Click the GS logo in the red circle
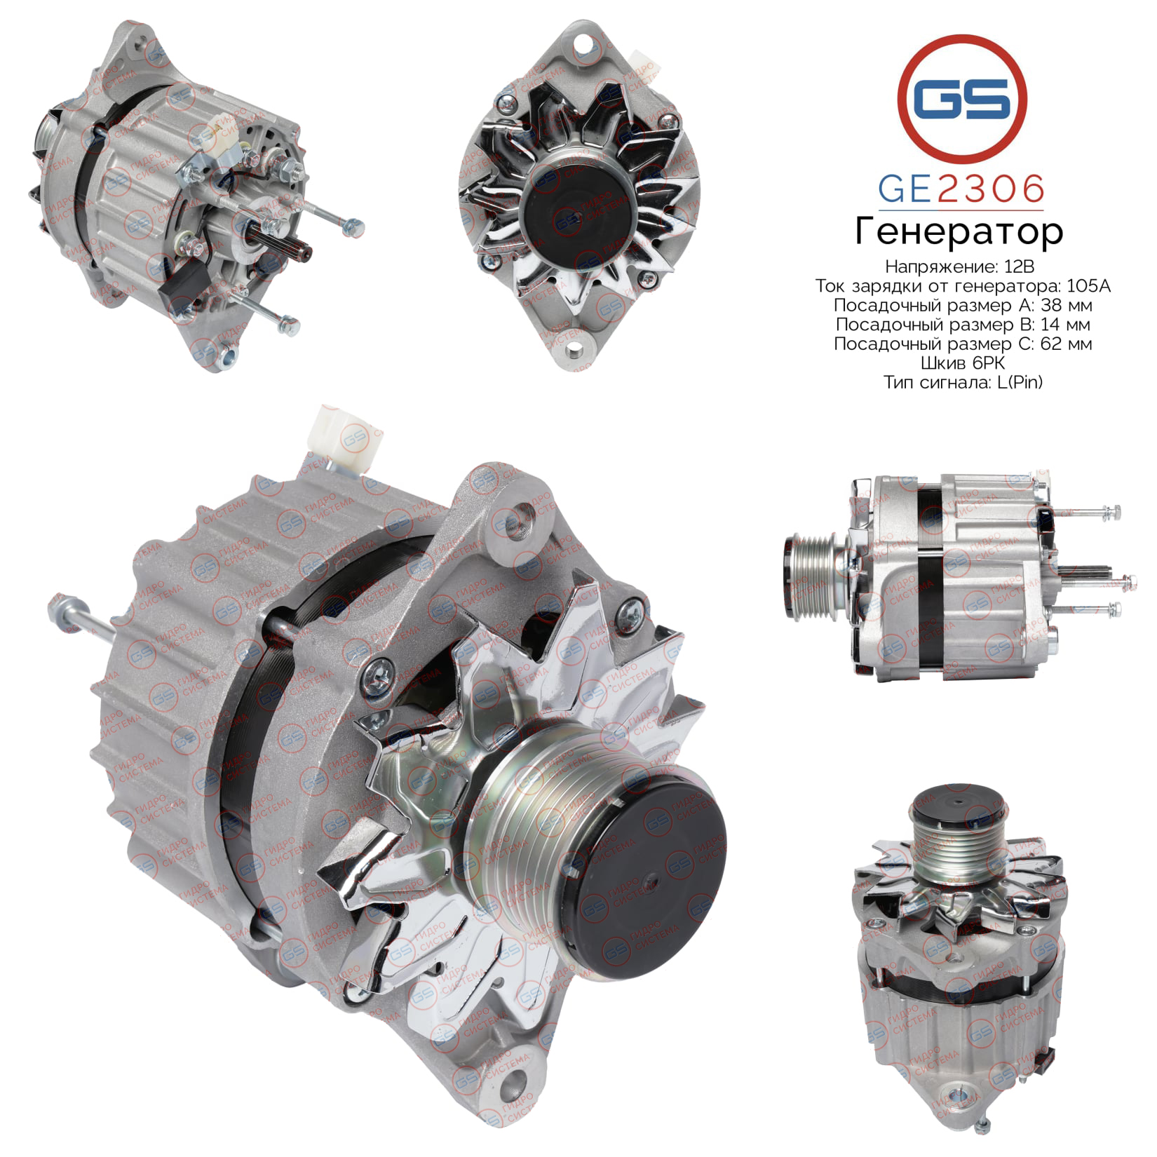(x=962, y=96)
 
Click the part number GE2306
(x=961, y=189)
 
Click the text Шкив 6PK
(x=962, y=363)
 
